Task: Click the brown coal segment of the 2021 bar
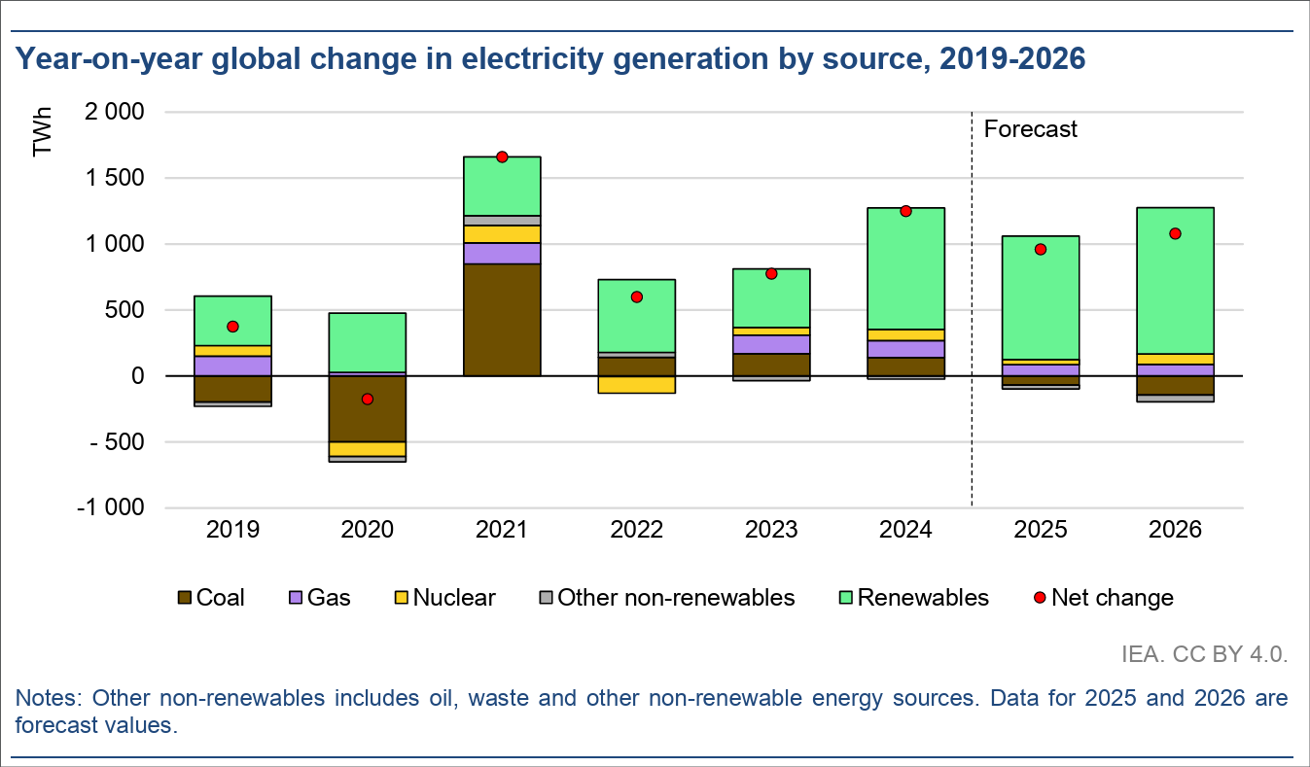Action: pos(502,319)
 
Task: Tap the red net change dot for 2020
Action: pos(367,399)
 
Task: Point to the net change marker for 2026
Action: pos(1175,233)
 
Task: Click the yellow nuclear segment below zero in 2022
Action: pos(636,385)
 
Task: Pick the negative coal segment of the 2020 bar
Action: pos(367,408)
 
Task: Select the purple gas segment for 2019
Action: pos(232,366)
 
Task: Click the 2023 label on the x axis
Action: pos(771,531)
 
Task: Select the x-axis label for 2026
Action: pos(1175,531)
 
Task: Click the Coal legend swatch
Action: pos(185,598)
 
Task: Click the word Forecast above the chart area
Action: pos(1031,129)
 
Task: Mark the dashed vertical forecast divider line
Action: pos(973,311)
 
